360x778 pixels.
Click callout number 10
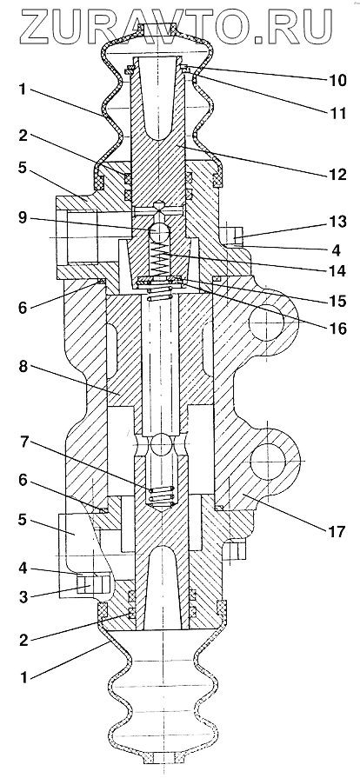335,79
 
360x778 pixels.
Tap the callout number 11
335,112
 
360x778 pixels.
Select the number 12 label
337,175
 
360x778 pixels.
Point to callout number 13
337,222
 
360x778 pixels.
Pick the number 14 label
337,271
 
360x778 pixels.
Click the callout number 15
337,301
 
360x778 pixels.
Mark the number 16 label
337,328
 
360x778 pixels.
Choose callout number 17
337,532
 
